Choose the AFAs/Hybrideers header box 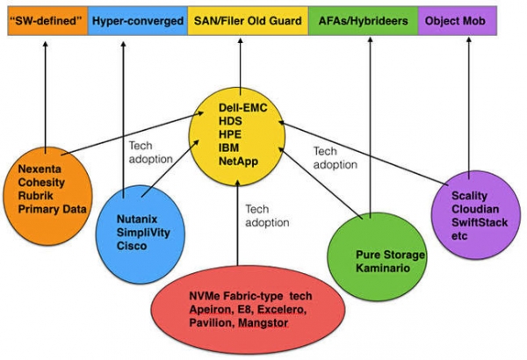pyautogui.click(x=364, y=19)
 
